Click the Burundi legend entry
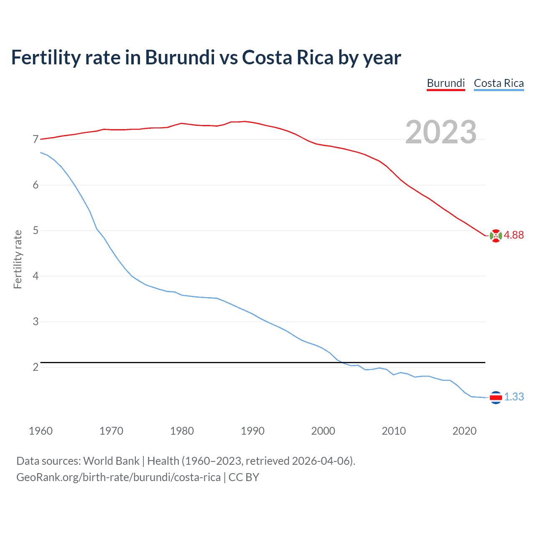point(446,83)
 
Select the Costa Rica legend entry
point(499,83)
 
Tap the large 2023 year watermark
point(441,132)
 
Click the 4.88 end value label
point(514,235)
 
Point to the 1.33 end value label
point(514,397)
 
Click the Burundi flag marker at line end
point(495,236)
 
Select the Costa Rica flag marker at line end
point(495,397)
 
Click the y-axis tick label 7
point(36,140)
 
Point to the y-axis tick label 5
point(36,231)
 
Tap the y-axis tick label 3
point(36,322)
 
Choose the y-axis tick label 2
point(36,367)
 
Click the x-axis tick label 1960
point(41,431)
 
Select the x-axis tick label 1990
point(252,431)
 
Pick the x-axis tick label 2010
point(394,431)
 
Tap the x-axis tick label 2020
point(464,431)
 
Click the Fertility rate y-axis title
point(18,259)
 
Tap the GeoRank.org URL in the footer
point(118,477)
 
